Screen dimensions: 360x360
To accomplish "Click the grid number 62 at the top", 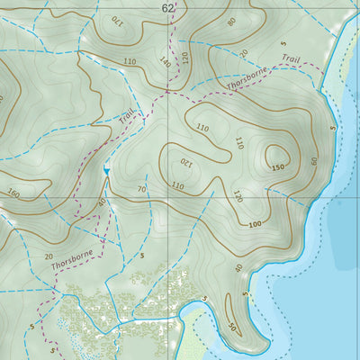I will click(x=167, y=7).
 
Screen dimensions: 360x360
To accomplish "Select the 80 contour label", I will click(x=231, y=21).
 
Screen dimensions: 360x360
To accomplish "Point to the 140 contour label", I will click(x=164, y=62).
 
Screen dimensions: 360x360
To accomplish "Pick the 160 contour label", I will click(x=13, y=192).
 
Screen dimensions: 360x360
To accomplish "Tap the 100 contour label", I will click(x=255, y=223).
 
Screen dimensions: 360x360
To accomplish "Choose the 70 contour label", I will click(x=142, y=190).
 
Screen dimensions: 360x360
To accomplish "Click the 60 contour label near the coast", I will click(x=314, y=162).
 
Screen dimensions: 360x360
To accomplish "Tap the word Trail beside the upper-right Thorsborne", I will click(x=289, y=58).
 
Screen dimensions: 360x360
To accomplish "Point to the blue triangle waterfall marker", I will click(x=106, y=170).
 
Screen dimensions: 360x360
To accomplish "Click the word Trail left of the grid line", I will click(x=127, y=116).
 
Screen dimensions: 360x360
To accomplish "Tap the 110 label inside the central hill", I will click(x=202, y=129).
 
